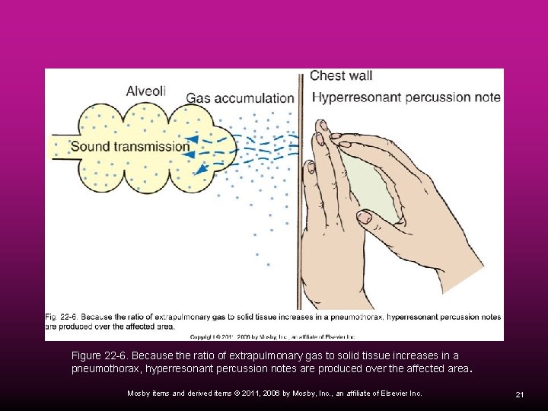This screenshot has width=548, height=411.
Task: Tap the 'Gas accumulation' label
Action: click(x=240, y=98)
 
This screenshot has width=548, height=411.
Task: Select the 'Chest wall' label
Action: click(x=341, y=75)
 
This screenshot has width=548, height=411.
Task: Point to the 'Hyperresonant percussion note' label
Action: click(x=406, y=97)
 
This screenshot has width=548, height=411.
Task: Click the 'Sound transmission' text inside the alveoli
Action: click(x=129, y=147)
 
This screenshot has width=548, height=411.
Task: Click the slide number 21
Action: click(x=519, y=394)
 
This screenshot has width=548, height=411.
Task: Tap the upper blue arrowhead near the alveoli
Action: click(x=194, y=139)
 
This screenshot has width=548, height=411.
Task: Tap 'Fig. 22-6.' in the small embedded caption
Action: click(x=61, y=316)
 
